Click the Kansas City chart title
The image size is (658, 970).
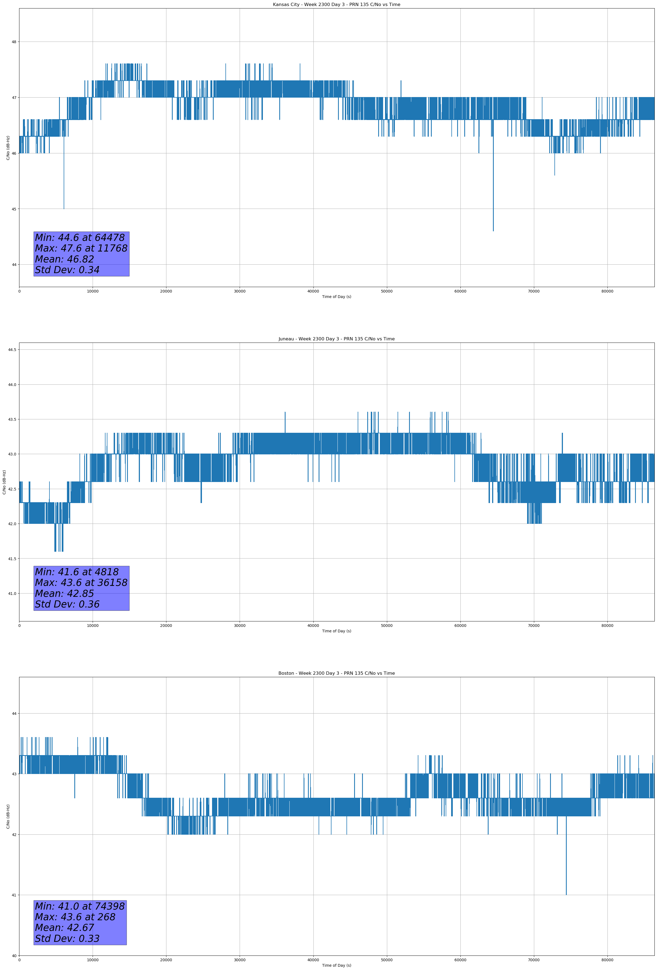click(x=336, y=5)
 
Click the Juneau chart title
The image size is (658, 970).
click(x=336, y=339)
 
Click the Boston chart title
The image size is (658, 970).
click(x=336, y=673)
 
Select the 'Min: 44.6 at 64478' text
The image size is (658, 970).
click(x=80, y=238)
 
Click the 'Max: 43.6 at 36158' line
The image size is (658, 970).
click(x=81, y=582)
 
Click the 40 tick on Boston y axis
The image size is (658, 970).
click(x=14, y=956)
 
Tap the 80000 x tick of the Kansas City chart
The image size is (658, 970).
click(x=607, y=291)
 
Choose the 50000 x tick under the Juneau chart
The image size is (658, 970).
click(x=387, y=626)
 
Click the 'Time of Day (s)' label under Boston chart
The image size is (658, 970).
click(x=336, y=965)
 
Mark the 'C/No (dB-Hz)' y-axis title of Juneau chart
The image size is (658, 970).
click(x=4, y=482)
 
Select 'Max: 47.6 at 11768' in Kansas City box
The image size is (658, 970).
click(x=81, y=248)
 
